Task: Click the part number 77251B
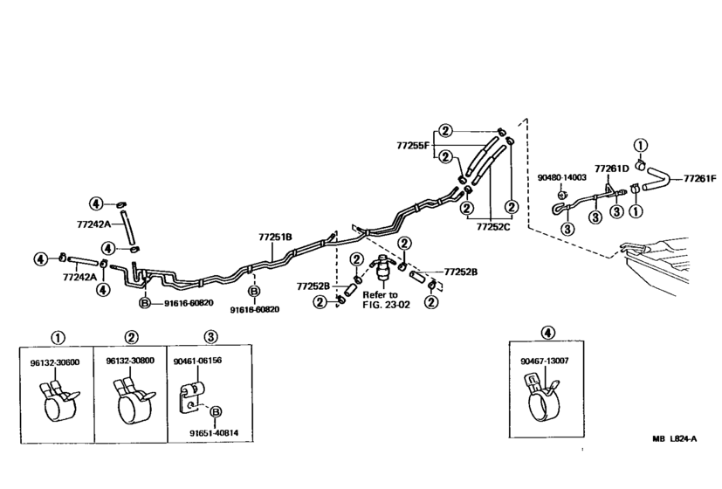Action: tap(275, 237)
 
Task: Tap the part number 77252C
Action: tap(493, 225)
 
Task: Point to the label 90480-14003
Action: tap(561, 177)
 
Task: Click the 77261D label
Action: tap(611, 168)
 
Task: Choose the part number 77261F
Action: tap(699, 178)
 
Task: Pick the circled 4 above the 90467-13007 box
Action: tap(547, 332)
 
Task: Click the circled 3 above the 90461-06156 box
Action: tap(210, 336)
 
